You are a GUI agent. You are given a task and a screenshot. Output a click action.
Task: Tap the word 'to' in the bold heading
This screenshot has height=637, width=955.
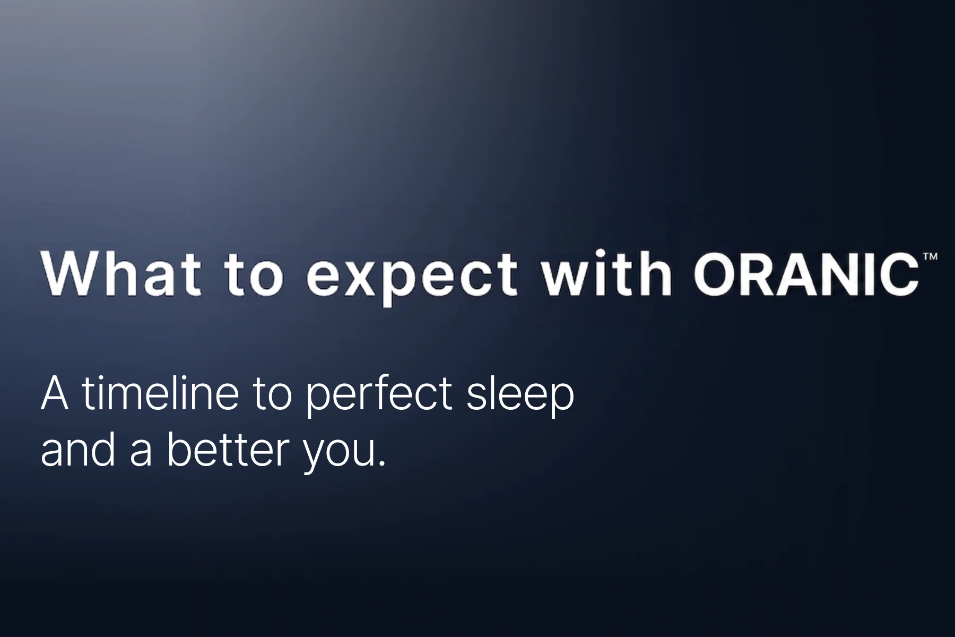tap(254, 278)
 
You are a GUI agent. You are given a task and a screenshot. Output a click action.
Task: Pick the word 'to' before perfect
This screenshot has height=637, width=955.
tap(272, 395)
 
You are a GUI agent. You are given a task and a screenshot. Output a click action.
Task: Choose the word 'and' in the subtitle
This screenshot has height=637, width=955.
tap(77, 449)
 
